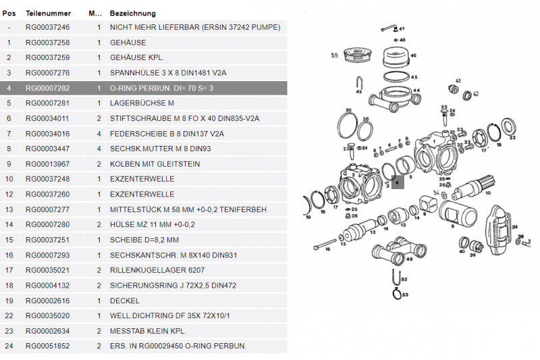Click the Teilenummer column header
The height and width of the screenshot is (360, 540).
click(x=45, y=14)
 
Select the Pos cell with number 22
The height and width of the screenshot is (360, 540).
click(x=9, y=316)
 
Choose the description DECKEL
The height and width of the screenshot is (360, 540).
click(x=124, y=301)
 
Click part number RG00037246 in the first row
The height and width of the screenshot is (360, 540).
click(x=47, y=28)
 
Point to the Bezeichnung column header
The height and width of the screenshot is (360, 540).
click(x=132, y=14)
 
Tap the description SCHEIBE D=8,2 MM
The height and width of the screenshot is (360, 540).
click(x=144, y=240)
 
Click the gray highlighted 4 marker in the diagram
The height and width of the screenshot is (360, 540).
click(x=397, y=182)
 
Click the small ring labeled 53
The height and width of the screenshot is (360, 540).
click(x=398, y=293)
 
